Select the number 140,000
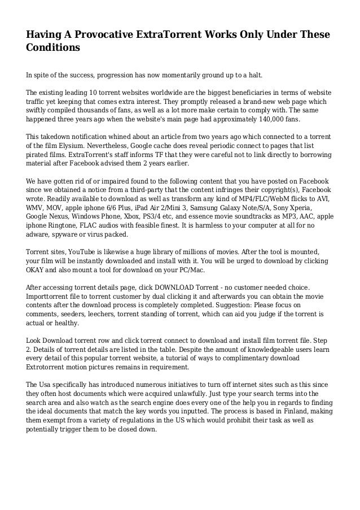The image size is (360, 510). [x=267, y=120]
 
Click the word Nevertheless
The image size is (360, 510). [x=118, y=146]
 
